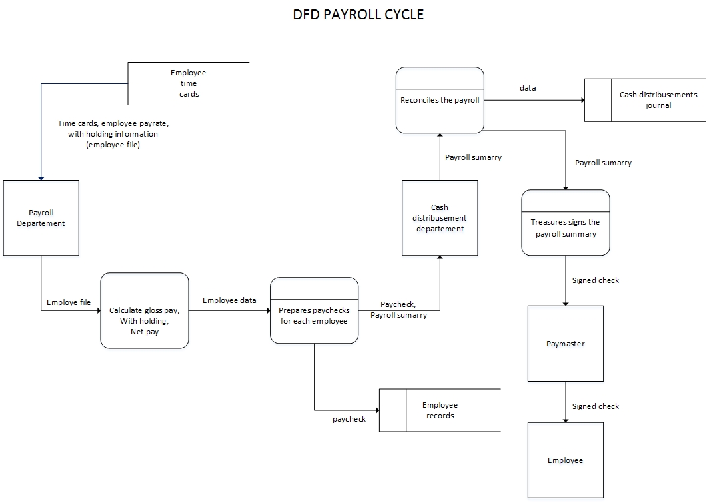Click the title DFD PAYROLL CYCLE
pyautogui.click(x=358, y=14)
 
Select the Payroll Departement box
pyautogui.click(x=41, y=218)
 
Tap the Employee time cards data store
pyautogui.click(x=189, y=83)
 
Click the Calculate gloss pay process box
pyautogui.click(x=145, y=310)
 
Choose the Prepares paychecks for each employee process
pyautogui.click(x=314, y=311)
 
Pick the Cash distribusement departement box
pyautogui.click(x=440, y=218)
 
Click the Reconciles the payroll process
pyautogui.click(x=440, y=100)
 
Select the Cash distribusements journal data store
pyautogui.click(x=645, y=100)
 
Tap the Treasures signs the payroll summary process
pyautogui.click(x=565, y=223)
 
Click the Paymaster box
pyautogui.click(x=565, y=344)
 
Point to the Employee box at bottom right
pyautogui.click(x=565, y=460)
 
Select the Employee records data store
pyautogui.click(x=440, y=410)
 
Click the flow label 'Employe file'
pyautogui.click(x=69, y=302)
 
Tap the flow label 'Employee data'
pyautogui.click(x=229, y=300)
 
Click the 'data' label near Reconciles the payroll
pyautogui.click(x=528, y=88)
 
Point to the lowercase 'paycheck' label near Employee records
pyautogui.click(x=349, y=419)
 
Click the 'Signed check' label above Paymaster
pyautogui.click(x=595, y=280)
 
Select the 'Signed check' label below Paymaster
pyautogui.click(x=595, y=406)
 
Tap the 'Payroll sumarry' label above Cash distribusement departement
pyautogui.click(x=473, y=157)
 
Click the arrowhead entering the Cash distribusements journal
pyautogui.click(x=582, y=100)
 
